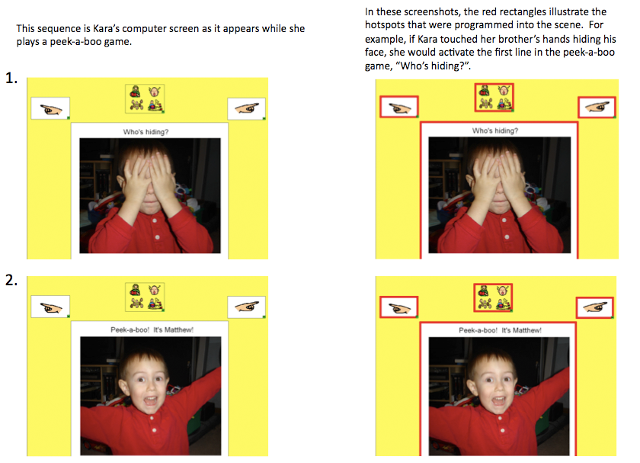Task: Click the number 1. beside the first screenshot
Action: tap(11, 78)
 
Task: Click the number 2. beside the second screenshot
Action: tap(11, 280)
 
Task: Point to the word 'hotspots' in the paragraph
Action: tap(385, 25)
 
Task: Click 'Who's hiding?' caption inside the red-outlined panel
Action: tap(495, 130)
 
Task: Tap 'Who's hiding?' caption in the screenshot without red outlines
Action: tap(146, 132)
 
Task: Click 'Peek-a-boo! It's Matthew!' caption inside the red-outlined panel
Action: tap(500, 330)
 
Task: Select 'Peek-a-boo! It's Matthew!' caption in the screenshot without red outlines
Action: tap(152, 330)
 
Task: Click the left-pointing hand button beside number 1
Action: tap(50, 108)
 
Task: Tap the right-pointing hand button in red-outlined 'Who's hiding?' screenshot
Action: tap(597, 107)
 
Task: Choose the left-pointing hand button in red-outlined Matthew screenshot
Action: tap(398, 307)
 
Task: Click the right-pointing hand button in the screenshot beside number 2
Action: tap(247, 307)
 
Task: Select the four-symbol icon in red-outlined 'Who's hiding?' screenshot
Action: tap(494, 98)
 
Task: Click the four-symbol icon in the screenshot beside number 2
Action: tap(145, 297)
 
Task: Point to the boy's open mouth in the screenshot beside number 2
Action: tap(150, 400)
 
